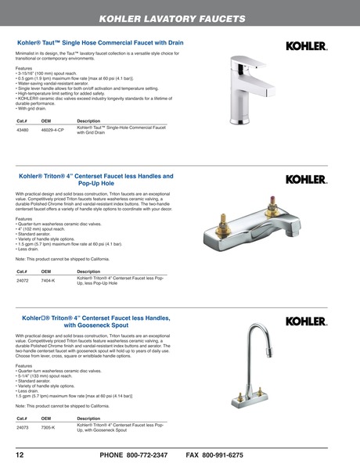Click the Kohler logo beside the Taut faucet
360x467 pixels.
click(x=305, y=46)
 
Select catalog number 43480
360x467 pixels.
click(x=23, y=130)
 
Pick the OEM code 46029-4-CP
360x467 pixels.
click(x=52, y=130)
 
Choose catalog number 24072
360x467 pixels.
click(x=23, y=279)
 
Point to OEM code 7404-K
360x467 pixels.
click(x=48, y=279)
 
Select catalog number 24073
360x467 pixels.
click(x=23, y=427)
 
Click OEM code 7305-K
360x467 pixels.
click(x=48, y=427)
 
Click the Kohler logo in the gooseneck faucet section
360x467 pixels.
click(x=305, y=321)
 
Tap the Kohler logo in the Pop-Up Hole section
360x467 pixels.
click(x=305, y=179)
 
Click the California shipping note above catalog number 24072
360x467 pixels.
click(x=62, y=258)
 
